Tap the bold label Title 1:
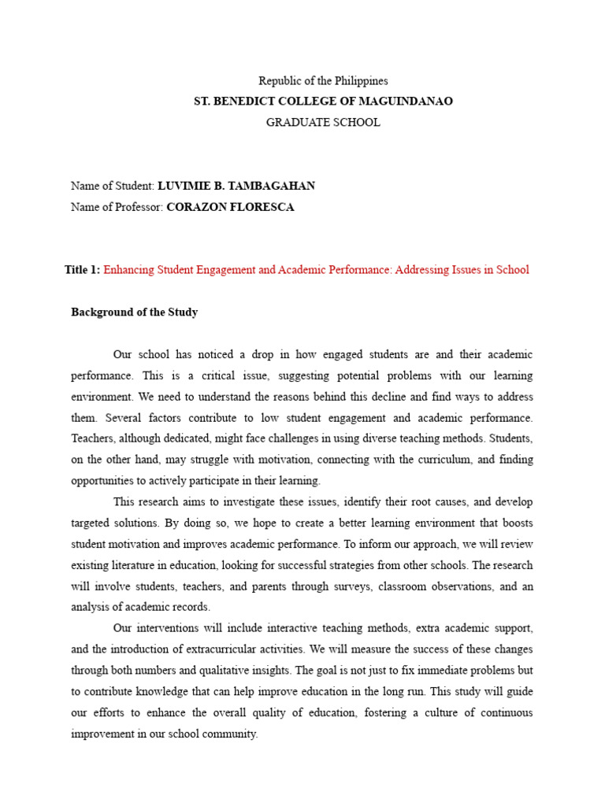(83, 270)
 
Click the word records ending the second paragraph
(193, 606)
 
